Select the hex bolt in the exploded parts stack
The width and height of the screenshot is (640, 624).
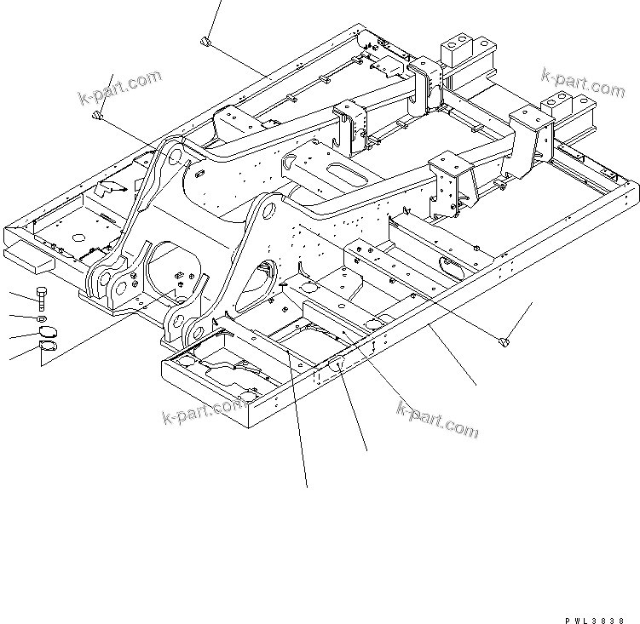click(x=42, y=298)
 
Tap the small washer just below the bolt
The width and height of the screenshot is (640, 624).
click(x=43, y=318)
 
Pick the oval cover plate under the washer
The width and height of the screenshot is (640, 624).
click(x=48, y=332)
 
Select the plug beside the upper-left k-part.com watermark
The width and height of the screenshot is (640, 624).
click(x=99, y=117)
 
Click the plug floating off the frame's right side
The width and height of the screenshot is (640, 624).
click(x=503, y=341)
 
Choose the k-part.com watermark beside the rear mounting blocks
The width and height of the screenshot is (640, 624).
click(x=583, y=83)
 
